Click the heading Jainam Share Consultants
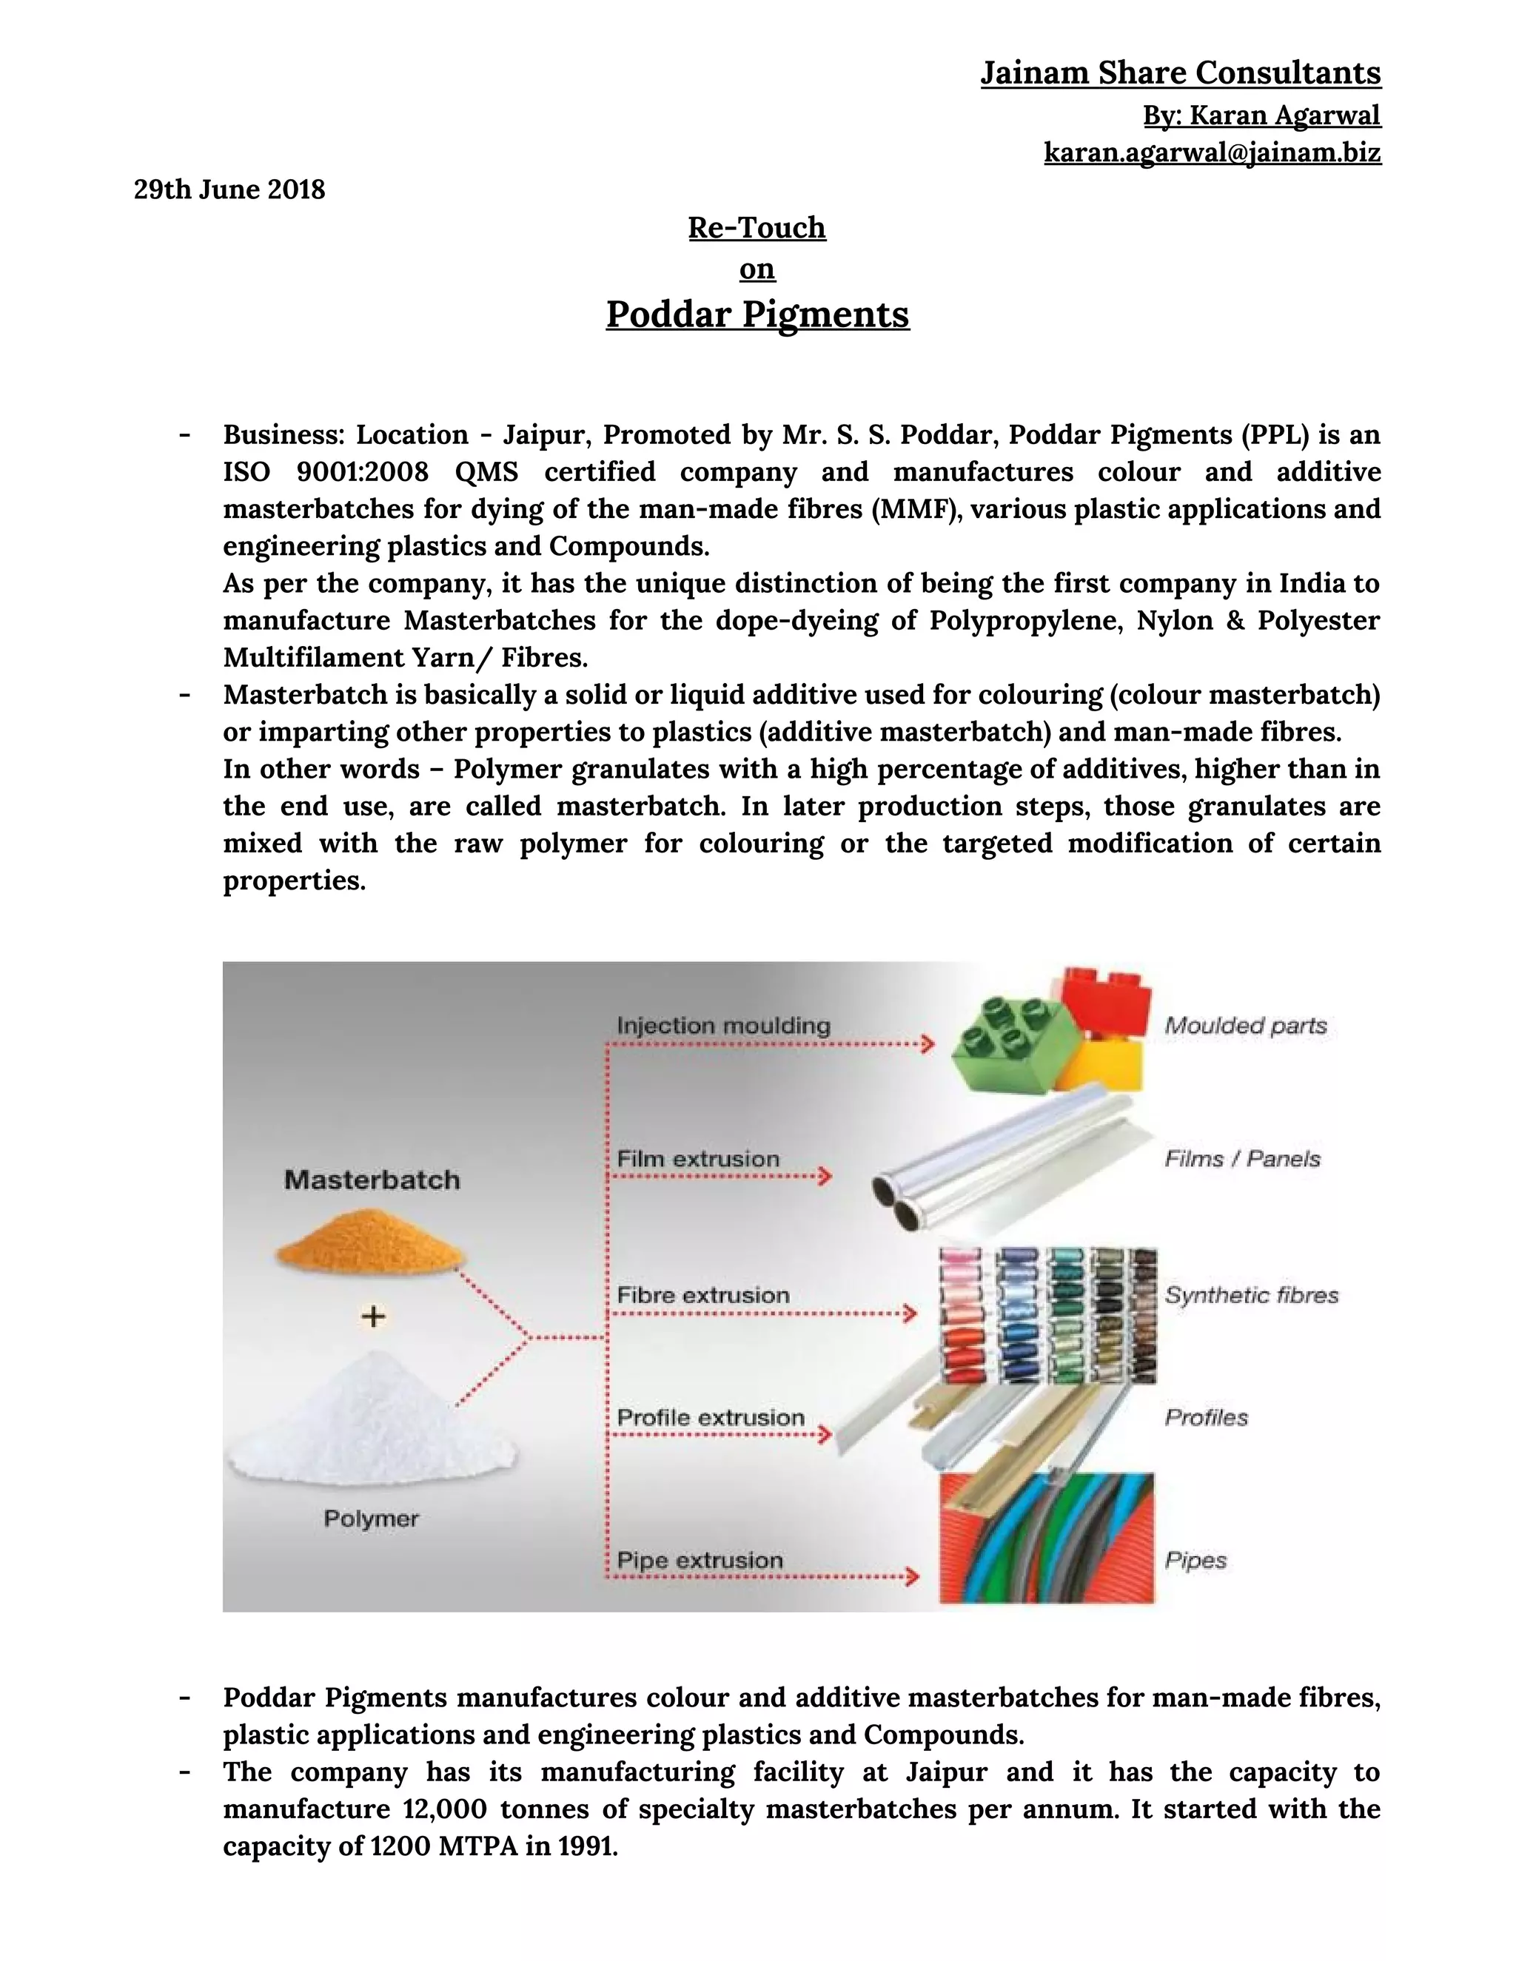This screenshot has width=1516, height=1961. click(1180, 73)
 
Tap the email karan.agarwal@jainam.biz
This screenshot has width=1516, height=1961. click(1212, 152)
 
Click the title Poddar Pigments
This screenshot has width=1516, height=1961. click(757, 314)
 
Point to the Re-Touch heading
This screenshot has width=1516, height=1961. click(757, 228)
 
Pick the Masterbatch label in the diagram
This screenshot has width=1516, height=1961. click(372, 1180)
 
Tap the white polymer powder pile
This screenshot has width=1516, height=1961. click(372, 1422)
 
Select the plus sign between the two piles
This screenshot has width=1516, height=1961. click(373, 1316)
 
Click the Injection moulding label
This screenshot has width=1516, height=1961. click(723, 1026)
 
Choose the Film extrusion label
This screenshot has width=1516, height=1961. click(698, 1159)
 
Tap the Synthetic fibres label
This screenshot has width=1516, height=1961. click(1251, 1296)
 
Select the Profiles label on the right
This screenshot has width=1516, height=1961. click(1206, 1418)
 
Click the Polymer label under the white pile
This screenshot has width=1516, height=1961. click(371, 1518)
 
